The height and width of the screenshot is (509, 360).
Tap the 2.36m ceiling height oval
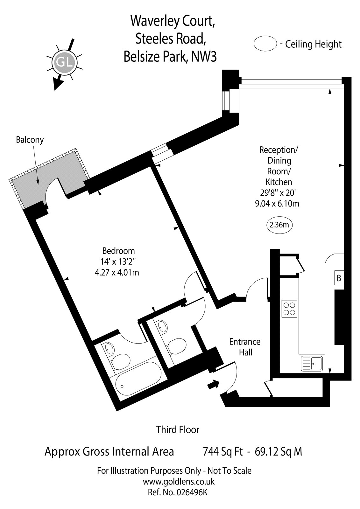pyautogui.click(x=279, y=225)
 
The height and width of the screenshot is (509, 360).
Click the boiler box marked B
pyautogui.click(x=339, y=278)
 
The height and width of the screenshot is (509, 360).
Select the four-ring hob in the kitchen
pyautogui.click(x=289, y=309)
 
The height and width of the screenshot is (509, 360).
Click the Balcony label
pyautogui.click(x=30, y=140)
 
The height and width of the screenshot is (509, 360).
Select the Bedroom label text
pyautogui.click(x=118, y=251)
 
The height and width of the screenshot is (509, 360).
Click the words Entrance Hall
pyautogui.click(x=245, y=347)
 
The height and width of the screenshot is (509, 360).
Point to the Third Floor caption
pyautogui.click(x=178, y=430)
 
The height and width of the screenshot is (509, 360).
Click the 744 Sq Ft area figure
pyautogui.click(x=223, y=451)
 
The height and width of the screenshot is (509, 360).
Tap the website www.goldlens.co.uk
pyautogui.click(x=179, y=481)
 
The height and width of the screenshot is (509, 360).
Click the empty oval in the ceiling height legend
pyautogui.click(x=265, y=44)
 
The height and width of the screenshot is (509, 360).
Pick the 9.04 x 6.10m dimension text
pyautogui.click(x=277, y=203)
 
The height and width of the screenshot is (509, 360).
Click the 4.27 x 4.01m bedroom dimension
pyautogui.click(x=117, y=272)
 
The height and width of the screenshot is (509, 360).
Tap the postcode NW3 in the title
pyautogui.click(x=204, y=57)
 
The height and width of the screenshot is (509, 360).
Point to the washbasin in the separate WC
pyautogui.click(x=162, y=326)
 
